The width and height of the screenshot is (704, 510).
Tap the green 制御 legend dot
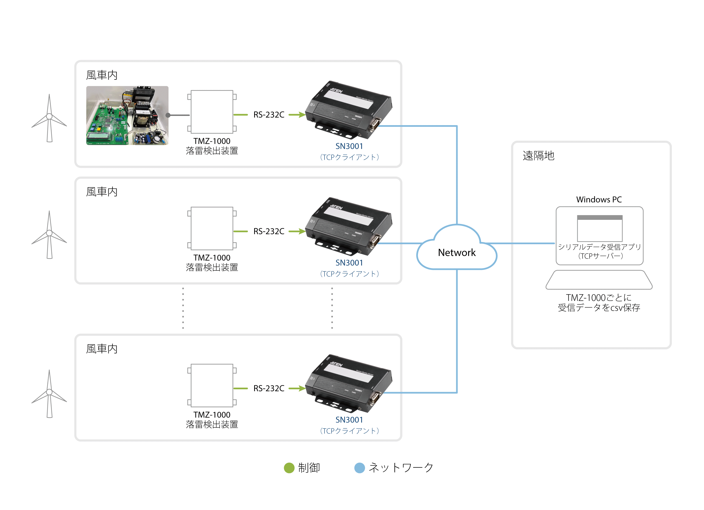click(289, 468)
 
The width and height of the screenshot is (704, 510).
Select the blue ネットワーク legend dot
click(359, 468)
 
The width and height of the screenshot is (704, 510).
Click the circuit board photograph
click(127, 115)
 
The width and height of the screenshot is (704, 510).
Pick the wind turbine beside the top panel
click(49, 118)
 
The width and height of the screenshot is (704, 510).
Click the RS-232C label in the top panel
click(269, 115)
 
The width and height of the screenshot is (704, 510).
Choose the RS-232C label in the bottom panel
click(269, 388)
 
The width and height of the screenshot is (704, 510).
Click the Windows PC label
click(599, 199)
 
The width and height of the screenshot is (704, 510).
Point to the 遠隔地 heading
click(538, 156)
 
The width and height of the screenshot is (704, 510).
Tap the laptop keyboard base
click(599, 280)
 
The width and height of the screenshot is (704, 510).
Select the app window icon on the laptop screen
click(600, 228)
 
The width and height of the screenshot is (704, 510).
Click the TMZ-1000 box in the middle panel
click(212, 228)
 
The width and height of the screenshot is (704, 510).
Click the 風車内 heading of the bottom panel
click(102, 349)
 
